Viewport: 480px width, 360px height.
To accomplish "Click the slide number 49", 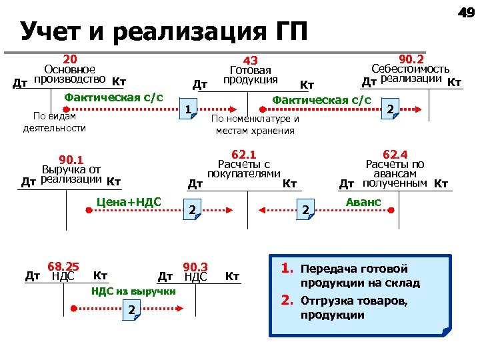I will click(464, 12).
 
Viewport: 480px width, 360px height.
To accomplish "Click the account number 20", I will click(70, 59).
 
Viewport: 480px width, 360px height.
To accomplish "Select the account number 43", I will click(250, 61).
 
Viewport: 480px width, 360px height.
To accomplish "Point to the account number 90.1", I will click(71, 159).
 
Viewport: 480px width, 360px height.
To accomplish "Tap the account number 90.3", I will click(195, 267).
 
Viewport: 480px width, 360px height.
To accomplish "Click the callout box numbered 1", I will click(190, 110).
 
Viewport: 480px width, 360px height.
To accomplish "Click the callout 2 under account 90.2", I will click(391, 109).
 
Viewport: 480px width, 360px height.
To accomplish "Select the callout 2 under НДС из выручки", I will click(133, 309).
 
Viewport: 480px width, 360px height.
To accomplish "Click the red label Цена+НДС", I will click(129, 202).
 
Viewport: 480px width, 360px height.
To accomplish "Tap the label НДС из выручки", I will click(133, 291).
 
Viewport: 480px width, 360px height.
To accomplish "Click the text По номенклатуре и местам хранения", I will click(255, 125).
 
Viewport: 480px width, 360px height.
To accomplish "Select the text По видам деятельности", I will click(55, 122).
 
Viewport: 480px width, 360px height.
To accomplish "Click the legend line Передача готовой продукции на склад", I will click(361, 276).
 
